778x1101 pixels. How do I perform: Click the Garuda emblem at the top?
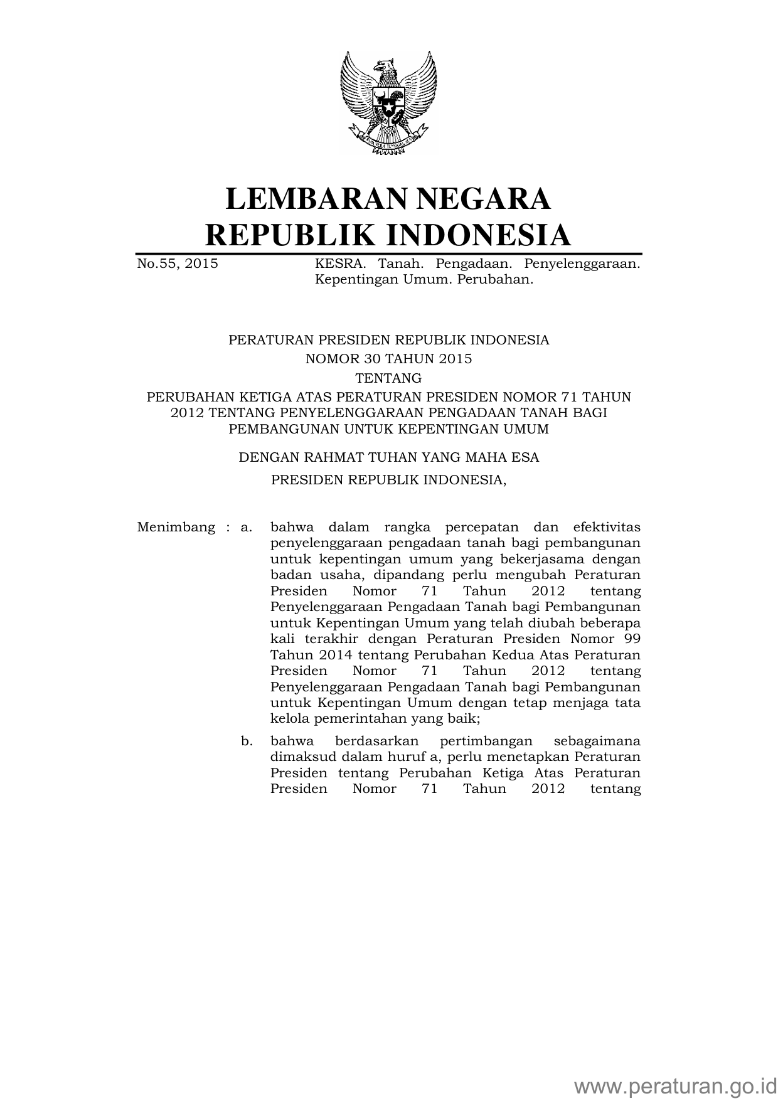click(388, 103)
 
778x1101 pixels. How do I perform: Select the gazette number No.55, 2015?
click(178, 263)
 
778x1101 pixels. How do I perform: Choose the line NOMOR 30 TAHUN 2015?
click(388, 359)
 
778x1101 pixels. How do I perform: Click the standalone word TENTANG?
click(388, 378)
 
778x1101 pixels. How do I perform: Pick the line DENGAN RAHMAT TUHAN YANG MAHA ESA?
click(388, 457)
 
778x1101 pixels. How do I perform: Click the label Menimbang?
click(176, 527)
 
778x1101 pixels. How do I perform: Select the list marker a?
click(247, 527)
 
